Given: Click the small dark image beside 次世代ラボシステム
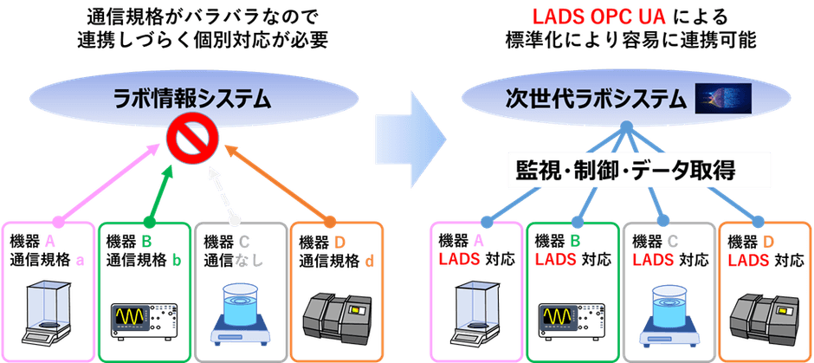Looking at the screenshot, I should [724, 100].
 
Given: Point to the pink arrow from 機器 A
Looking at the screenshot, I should [107, 182].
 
